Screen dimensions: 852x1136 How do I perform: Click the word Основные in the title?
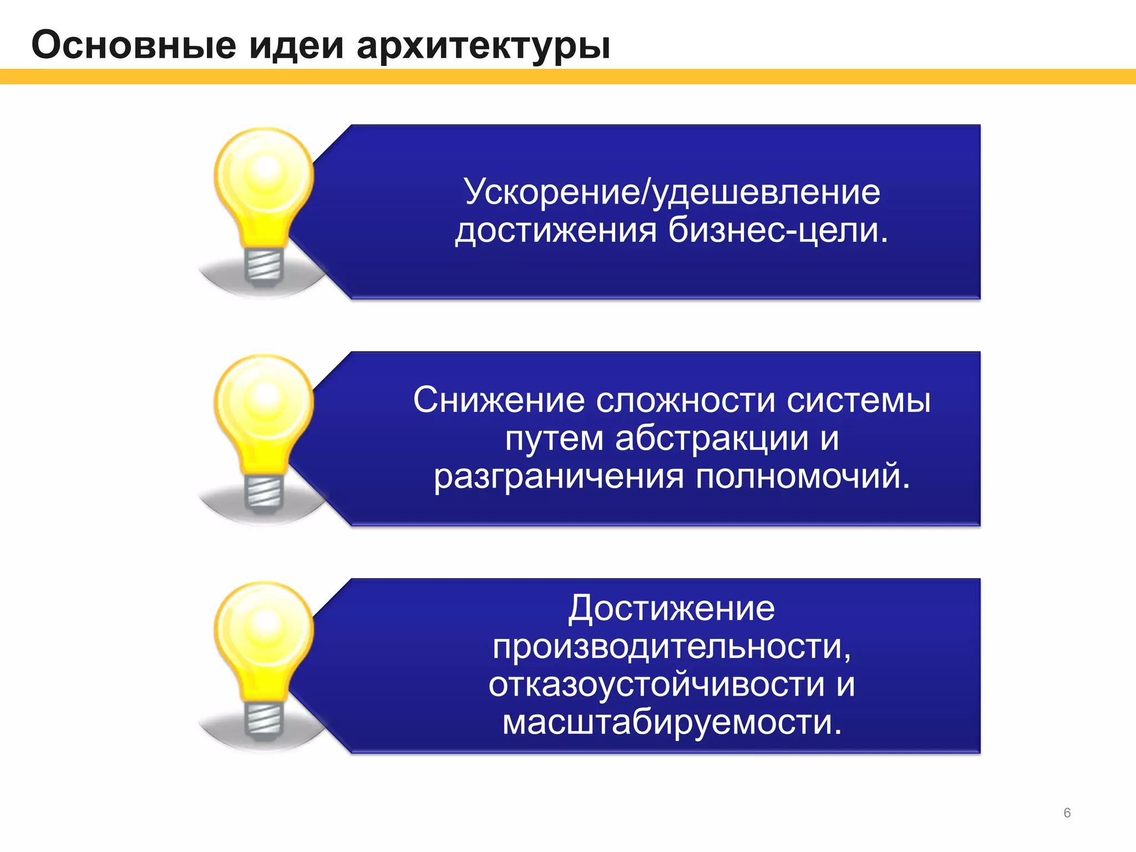pyautogui.click(x=134, y=45)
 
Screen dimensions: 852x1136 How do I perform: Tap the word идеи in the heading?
pyautogui.click(x=296, y=45)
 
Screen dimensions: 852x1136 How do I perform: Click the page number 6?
pyautogui.click(x=1067, y=813)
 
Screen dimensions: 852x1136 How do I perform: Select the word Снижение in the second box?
pyautogui.click(x=499, y=400)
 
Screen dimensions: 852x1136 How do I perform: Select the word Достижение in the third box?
pyautogui.click(x=671, y=608)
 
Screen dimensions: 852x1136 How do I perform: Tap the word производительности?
pyautogui.click(x=671, y=647)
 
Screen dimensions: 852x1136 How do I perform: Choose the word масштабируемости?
pyautogui.click(x=672, y=723)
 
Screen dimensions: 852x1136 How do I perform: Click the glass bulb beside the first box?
pyautogui.click(x=264, y=177)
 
